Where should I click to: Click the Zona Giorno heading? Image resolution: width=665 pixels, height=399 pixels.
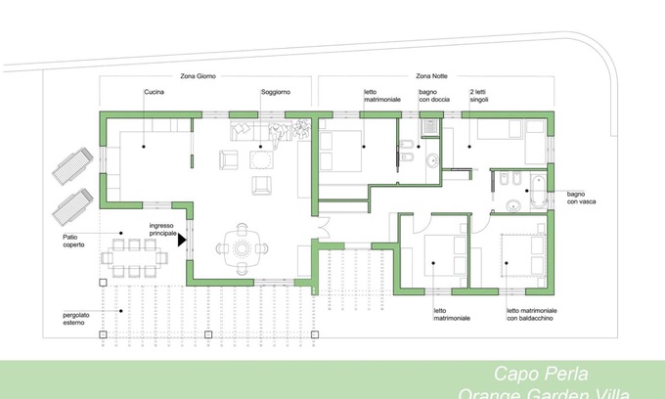point(199,75)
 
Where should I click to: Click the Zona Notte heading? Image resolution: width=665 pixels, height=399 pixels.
point(433,75)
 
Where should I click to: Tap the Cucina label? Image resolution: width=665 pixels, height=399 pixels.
point(154,92)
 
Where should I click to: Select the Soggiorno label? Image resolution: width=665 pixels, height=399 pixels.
point(275,92)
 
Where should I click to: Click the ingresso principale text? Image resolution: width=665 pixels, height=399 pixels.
point(162,231)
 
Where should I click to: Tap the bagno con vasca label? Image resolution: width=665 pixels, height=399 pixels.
point(582,199)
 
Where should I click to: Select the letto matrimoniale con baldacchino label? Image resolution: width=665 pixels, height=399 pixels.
point(531,314)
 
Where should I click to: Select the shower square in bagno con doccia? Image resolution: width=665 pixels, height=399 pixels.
point(429,126)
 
